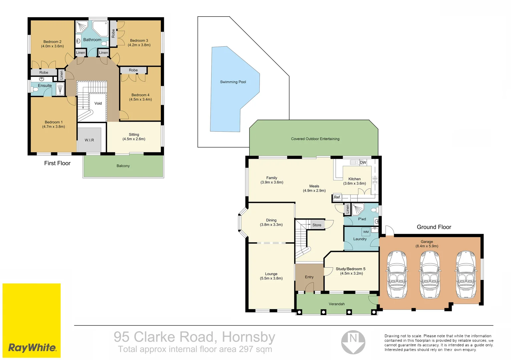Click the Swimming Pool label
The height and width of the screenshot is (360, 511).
point(233,82)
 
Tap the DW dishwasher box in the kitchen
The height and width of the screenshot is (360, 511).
point(363,163)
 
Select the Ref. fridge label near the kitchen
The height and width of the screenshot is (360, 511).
point(337,197)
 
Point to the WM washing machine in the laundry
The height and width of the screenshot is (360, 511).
point(366,232)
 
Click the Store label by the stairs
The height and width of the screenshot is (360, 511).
point(317,225)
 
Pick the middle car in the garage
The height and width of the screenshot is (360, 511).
point(429,274)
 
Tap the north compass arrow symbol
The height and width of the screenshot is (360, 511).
point(353,342)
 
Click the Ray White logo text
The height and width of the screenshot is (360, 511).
point(32,348)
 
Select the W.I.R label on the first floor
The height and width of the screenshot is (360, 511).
point(89,140)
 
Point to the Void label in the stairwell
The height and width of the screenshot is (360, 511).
point(98,103)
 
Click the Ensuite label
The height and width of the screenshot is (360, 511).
point(45,86)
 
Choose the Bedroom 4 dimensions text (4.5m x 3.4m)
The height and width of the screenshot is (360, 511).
point(140,99)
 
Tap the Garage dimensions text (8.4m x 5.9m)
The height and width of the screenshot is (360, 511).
point(427,246)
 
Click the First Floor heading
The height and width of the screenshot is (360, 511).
point(57,163)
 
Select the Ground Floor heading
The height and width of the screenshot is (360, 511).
point(434,227)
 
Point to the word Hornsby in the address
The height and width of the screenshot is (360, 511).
point(248,337)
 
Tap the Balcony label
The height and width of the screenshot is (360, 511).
point(123,166)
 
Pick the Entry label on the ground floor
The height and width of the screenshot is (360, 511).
point(309,277)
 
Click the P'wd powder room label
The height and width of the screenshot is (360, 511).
point(362,219)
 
